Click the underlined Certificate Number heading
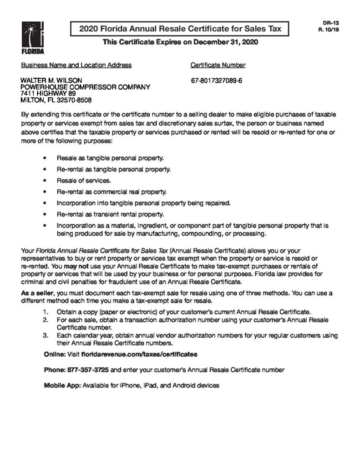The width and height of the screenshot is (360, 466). (218, 65)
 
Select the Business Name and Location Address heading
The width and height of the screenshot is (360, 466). (76, 65)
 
